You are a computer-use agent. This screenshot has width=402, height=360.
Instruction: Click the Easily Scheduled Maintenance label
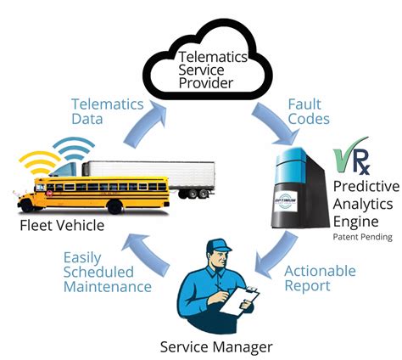[107, 272]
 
